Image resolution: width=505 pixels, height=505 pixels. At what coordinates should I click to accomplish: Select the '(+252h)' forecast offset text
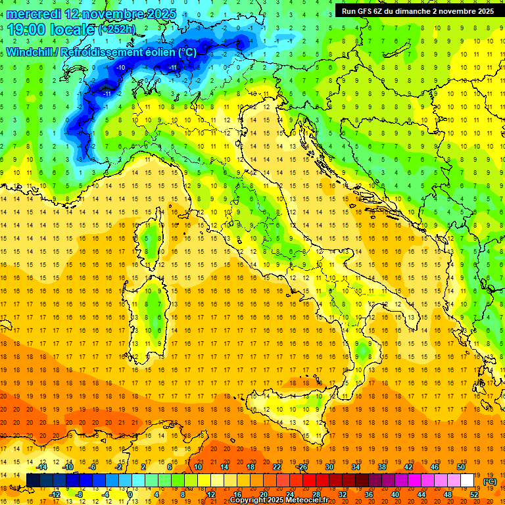pos(118,30)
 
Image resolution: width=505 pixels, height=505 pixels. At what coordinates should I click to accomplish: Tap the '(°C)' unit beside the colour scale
pos(490,481)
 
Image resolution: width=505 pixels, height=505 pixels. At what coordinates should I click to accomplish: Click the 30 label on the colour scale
pos(329,468)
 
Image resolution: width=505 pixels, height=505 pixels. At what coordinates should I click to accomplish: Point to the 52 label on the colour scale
pos(474,494)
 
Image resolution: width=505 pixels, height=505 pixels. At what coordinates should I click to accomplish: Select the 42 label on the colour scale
pos(408,468)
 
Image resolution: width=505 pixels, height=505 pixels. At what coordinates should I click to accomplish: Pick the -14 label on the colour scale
pos(42,468)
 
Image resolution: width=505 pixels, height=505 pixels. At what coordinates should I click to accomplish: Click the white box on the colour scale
pos(467,481)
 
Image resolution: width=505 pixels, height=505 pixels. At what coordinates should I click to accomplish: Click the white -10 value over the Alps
pos(120,68)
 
